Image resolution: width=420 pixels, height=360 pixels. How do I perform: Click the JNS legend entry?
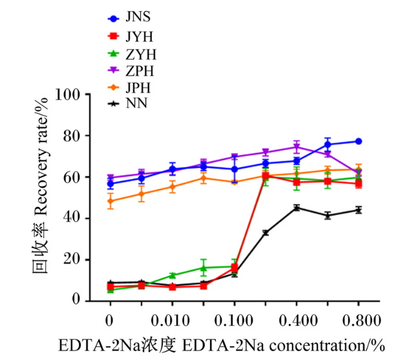click(129, 17)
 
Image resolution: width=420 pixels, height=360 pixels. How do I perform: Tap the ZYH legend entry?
click(132, 54)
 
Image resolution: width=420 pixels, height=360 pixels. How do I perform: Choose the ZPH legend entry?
click(131, 71)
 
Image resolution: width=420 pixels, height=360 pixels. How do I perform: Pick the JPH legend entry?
click(129, 88)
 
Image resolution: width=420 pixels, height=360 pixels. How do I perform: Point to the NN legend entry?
click(127, 103)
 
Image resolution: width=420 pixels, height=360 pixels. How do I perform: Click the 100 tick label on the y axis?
click(67, 94)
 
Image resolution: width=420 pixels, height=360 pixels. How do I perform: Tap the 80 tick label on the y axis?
click(72, 136)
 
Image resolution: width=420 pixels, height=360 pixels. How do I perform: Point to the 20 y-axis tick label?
click(72, 260)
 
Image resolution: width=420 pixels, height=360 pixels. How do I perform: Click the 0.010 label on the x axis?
click(170, 321)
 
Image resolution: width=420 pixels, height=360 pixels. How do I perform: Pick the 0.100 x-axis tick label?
click(233, 321)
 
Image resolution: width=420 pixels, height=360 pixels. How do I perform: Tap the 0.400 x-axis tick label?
click(298, 321)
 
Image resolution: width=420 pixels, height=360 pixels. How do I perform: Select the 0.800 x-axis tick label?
click(362, 321)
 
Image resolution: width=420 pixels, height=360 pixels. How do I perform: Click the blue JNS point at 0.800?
click(359, 142)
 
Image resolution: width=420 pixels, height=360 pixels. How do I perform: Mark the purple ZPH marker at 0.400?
click(297, 147)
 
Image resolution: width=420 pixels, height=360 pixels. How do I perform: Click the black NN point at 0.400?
click(297, 208)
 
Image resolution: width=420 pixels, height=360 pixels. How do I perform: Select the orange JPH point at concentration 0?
click(110, 201)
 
